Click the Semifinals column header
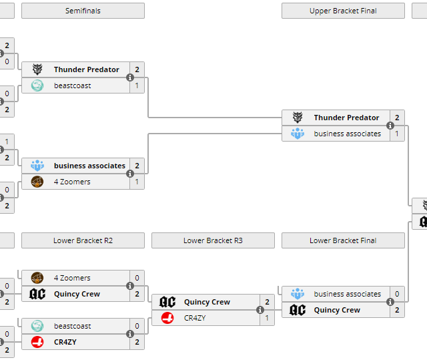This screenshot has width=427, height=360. coord(83,11)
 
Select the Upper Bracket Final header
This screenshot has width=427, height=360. coord(343,11)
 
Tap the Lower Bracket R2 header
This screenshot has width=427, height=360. coord(83,240)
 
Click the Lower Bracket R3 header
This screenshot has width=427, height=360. coord(213,240)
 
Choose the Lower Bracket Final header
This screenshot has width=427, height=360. coord(343,240)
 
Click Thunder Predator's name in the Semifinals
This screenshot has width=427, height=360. coord(87,69)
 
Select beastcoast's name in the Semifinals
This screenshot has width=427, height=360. coord(73,85)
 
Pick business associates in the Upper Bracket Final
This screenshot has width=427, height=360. coord(348,134)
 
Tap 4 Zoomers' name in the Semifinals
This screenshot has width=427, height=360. coord(72,182)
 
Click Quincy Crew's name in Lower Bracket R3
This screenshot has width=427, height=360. coord(207,302)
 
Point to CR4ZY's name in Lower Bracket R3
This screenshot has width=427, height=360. coord(195,318)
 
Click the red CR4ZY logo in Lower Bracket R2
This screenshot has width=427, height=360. coord(37,342)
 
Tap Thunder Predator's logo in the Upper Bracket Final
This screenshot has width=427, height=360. coord(298,118)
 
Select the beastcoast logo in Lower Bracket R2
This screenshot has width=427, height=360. coord(37,326)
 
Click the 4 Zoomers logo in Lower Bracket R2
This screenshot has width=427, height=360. coord(37,278)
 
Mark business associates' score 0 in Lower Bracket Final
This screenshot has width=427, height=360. coord(397,294)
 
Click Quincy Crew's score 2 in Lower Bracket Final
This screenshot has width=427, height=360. coord(397,310)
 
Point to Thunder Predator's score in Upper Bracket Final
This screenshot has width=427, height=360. coord(397,118)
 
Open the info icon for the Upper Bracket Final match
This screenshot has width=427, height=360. coord(390,126)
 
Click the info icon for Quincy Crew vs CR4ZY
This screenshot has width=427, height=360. coord(260,310)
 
